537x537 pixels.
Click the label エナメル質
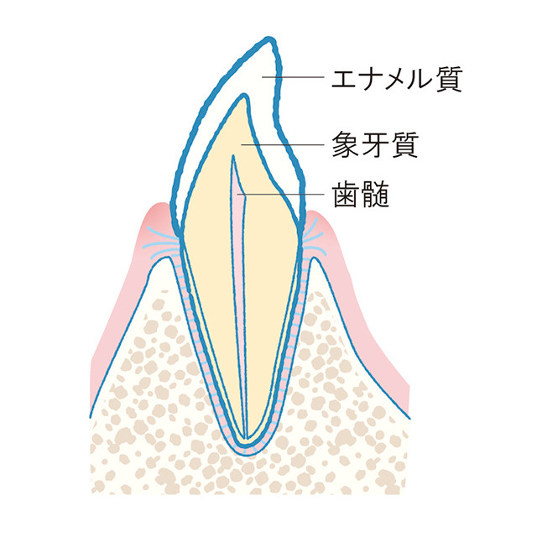tap(397, 79)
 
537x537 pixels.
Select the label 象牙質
tap(375, 145)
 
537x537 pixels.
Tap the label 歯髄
tap(362, 194)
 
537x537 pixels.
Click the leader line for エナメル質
tap(293, 77)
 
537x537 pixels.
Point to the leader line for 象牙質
tap(283, 145)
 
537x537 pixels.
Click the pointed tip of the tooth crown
tap(270, 38)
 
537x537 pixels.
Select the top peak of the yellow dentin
tap(243, 96)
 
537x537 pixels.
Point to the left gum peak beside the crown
tap(159, 205)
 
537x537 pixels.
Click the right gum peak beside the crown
tap(312, 212)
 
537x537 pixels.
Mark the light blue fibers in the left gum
tap(161, 242)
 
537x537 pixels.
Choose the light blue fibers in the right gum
tap(314, 241)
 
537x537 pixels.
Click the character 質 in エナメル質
tap(450, 79)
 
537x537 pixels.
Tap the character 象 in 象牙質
tap(345, 145)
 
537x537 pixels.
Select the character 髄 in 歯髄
tap(376, 194)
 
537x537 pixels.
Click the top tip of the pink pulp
tap(233, 156)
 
